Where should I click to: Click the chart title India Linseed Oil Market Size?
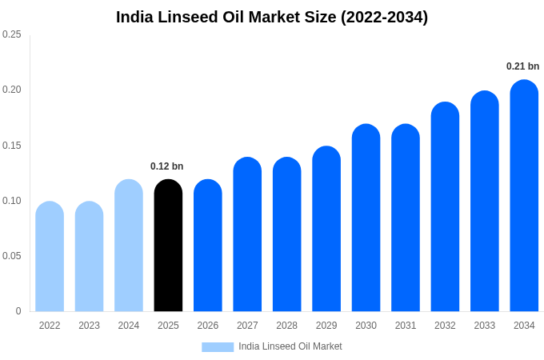click(x=272, y=17)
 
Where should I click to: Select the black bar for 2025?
click(x=168, y=246)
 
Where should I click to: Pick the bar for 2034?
click(x=524, y=196)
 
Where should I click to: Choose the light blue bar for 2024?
click(x=129, y=246)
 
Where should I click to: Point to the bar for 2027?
click(x=247, y=234)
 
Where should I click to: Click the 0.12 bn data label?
click(x=167, y=166)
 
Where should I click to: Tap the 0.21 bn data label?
click(x=522, y=66)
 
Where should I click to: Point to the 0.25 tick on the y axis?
click(x=12, y=34)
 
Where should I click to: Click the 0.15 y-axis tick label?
click(x=12, y=145)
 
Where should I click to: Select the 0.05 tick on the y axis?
click(x=12, y=256)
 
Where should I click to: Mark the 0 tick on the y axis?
click(x=18, y=311)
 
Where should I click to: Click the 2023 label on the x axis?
click(x=89, y=326)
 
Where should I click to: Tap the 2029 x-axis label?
click(x=326, y=326)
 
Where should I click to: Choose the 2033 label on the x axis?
click(x=484, y=326)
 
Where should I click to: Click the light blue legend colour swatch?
click(x=218, y=347)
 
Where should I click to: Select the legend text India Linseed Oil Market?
click(x=290, y=346)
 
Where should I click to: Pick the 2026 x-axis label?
click(x=208, y=326)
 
